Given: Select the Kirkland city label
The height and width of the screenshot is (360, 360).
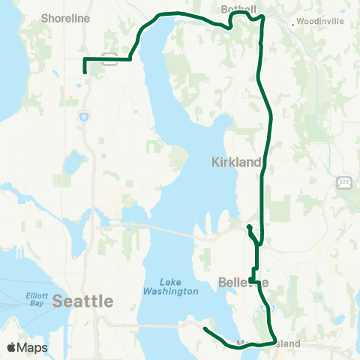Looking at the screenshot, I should click(x=236, y=162).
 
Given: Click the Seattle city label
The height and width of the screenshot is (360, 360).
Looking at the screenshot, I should click(x=83, y=301).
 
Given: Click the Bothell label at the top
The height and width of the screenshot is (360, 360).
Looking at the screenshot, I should click(x=240, y=9).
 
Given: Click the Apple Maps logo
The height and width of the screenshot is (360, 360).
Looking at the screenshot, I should click(x=26, y=347).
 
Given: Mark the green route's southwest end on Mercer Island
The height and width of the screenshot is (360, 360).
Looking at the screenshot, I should click(x=205, y=328).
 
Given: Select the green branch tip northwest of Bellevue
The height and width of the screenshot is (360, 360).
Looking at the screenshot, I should click(x=248, y=226).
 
